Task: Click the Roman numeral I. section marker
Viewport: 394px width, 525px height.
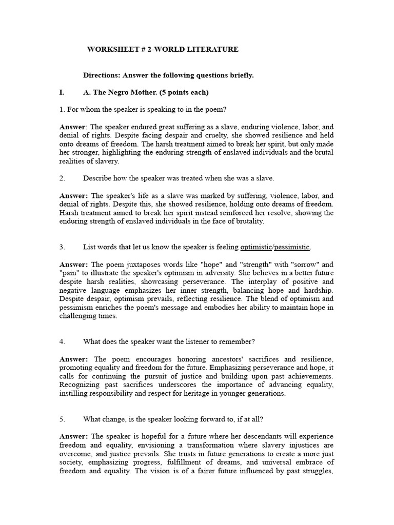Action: [62, 93]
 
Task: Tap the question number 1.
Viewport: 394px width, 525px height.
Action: [61, 110]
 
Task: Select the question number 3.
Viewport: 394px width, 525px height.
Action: [62, 247]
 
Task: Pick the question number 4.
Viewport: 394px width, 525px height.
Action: [62, 341]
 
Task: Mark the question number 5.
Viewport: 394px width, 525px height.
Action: [62, 419]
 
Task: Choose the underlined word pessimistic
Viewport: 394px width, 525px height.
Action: [292, 247]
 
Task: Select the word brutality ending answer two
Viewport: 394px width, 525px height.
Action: [245, 221]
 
